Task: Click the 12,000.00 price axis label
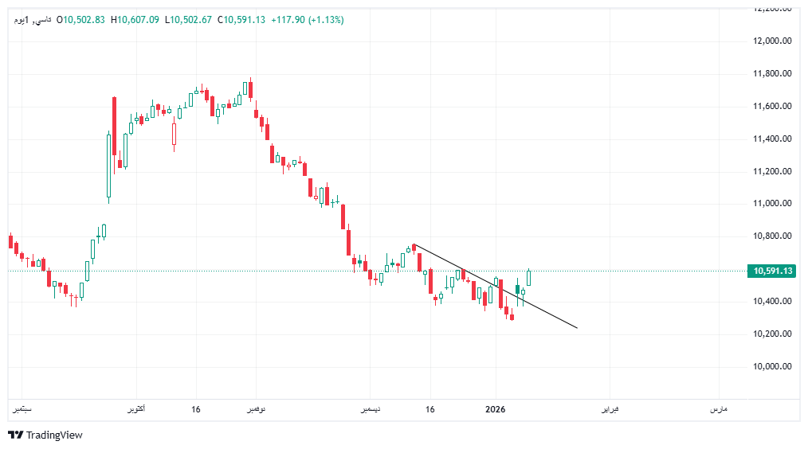click(x=772, y=41)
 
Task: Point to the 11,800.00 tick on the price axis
click(x=772, y=73)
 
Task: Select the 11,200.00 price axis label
click(x=772, y=171)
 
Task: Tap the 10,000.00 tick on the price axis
click(x=772, y=366)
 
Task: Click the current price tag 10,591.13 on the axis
click(x=772, y=271)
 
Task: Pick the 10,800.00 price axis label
click(x=772, y=236)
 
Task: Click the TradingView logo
click(x=45, y=435)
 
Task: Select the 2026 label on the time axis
click(x=496, y=409)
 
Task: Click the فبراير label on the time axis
click(x=609, y=409)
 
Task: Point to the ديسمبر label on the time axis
click(x=367, y=409)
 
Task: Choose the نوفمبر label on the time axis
click(x=254, y=409)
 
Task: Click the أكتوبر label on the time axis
click(x=135, y=409)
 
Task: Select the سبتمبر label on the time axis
click(x=22, y=409)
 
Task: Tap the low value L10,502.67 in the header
click(x=188, y=20)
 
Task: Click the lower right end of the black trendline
click(x=577, y=328)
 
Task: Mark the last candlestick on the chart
click(x=528, y=278)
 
